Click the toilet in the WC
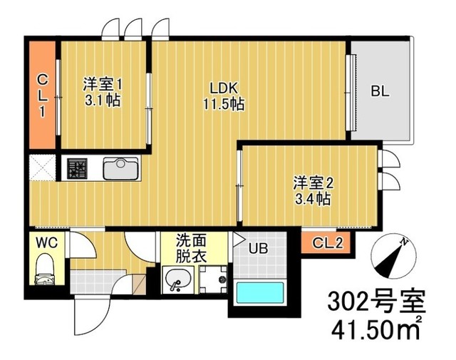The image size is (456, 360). pos(44,269)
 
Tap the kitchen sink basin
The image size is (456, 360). pos(120,168)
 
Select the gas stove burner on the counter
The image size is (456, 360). pos(77,168)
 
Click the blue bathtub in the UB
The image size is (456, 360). pos(260,293)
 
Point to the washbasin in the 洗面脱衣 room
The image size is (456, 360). pos(177,279)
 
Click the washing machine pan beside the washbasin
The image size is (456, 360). pos(214,279)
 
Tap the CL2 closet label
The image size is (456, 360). pos(328,242)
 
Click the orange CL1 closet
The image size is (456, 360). pos(43,95)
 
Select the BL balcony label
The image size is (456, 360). pos(380,92)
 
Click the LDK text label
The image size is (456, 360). pos(224,88)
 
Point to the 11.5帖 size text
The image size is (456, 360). pos(224,104)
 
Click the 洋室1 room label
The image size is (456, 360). pos(103,85)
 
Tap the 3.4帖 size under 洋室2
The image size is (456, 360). pos(313,199)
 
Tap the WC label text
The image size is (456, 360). pos(47,242)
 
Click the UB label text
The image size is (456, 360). pos(258,248)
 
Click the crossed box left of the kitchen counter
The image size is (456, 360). pos(43,168)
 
